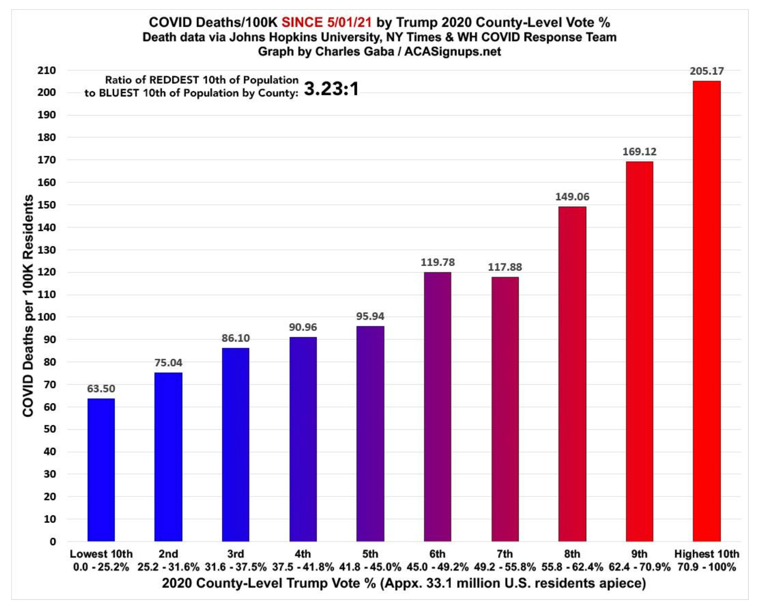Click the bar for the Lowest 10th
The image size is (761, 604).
point(101,470)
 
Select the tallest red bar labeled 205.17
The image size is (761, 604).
point(706,311)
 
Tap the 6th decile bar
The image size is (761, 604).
point(437,406)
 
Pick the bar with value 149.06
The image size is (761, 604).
point(572,373)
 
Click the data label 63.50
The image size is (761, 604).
point(101,389)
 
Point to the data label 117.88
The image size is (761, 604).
point(505,267)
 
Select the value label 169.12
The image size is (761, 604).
point(639,152)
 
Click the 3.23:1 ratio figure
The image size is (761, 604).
point(331,89)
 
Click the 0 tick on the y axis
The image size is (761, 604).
point(53,542)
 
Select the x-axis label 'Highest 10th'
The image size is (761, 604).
point(706,554)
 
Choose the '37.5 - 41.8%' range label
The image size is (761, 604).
point(303,567)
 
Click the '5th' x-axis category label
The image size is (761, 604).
point(370,554)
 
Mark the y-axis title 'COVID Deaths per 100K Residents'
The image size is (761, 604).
point(28,306)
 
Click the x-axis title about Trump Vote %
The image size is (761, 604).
point(404,583)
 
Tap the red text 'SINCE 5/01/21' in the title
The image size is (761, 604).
point(326,22)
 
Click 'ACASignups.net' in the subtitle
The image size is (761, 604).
point(452,52)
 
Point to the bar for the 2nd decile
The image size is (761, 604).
point(168,457)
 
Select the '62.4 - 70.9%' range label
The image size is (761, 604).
point(639,567)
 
